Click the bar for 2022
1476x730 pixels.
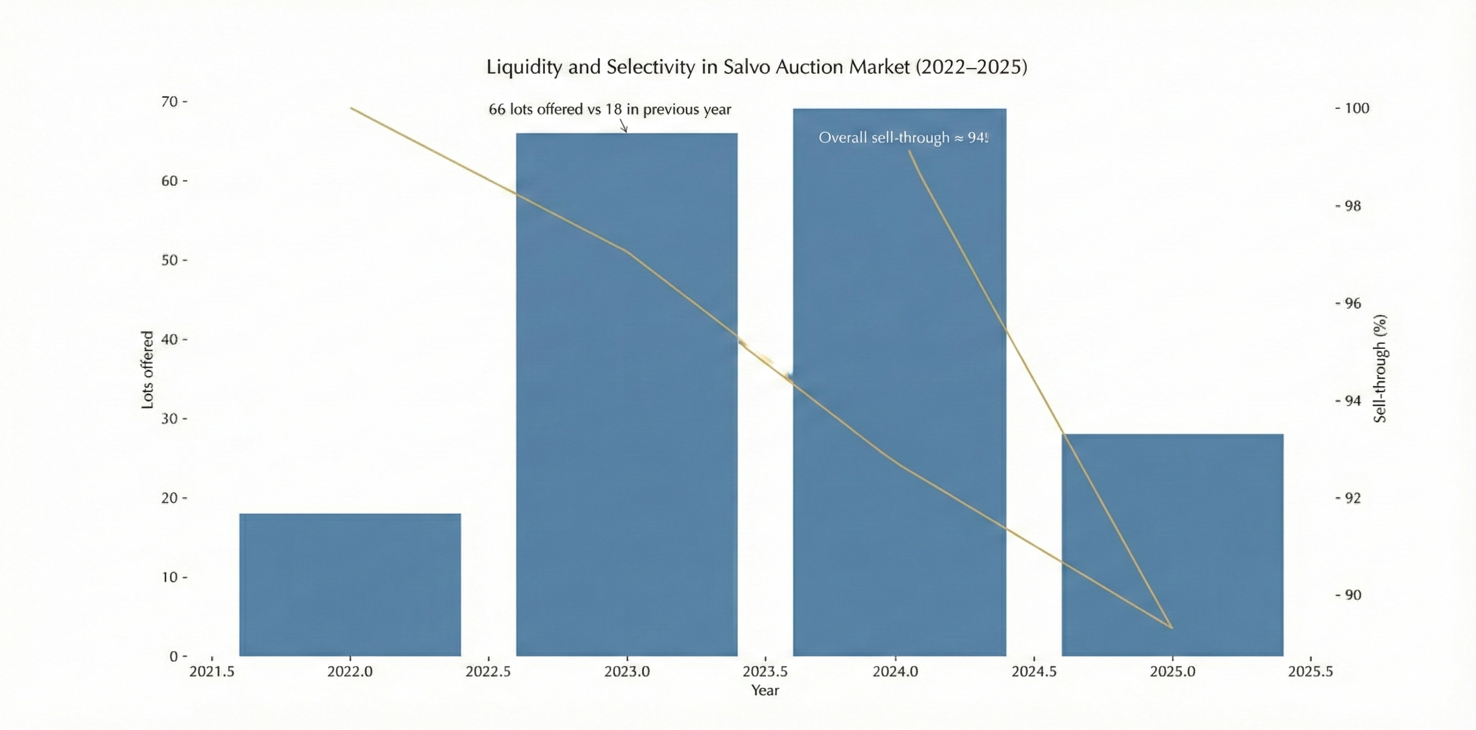pos(350,585)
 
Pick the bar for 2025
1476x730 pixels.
pos(1172,544)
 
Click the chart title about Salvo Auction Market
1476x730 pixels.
pos(756,67)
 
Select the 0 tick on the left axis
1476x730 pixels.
pos(174,656)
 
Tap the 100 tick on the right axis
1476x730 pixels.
pos(1356,108)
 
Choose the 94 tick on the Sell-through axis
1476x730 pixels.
pos(1352,400)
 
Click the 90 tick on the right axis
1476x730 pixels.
pos(1352,595)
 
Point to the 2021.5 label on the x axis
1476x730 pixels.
pos(212,672)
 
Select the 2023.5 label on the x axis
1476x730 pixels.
pos(765,672)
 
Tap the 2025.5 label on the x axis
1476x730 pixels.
pos(1310,672)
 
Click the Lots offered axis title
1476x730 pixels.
pos(147,370)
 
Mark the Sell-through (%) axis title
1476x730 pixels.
pos(1380,369)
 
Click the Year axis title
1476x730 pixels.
pos(765,690)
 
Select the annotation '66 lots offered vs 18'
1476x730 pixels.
pos(610,109)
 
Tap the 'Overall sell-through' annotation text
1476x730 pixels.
pos(903,138)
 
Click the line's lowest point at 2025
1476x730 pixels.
pos(1172,628)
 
